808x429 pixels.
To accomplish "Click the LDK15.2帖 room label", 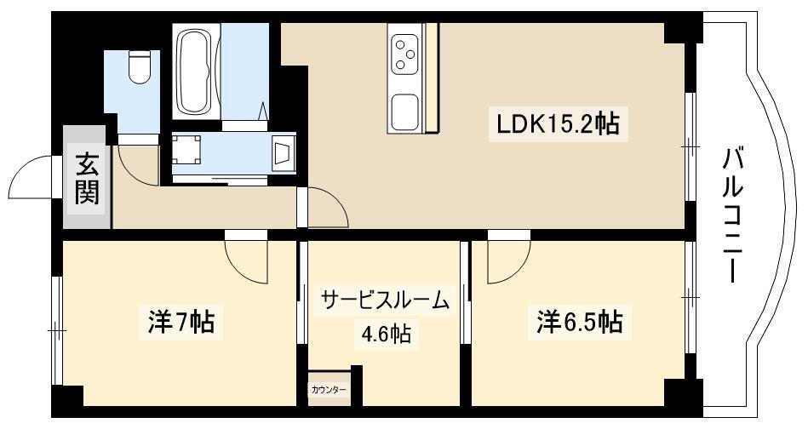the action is pos(558,123).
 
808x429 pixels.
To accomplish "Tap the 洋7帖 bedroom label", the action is pos(181,322).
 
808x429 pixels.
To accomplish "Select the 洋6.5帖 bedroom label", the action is pos(579,322).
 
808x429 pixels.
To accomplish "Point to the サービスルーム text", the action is pos(385,300).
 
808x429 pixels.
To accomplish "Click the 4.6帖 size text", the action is pos(386,335).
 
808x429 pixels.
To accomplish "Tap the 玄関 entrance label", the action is pos(87,178).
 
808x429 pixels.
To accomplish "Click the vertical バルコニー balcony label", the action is pos(732,214).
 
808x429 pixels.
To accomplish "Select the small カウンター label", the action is pos(329,390).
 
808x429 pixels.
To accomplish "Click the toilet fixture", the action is pos(139,67).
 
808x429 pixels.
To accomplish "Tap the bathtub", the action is pos(194,72).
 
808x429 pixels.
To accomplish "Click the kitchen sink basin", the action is pos(405,112).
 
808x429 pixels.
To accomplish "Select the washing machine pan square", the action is pos(186,149).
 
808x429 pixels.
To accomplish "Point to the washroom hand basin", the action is pos(282,153).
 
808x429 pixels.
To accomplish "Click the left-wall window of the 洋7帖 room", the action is pos(57,330).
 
